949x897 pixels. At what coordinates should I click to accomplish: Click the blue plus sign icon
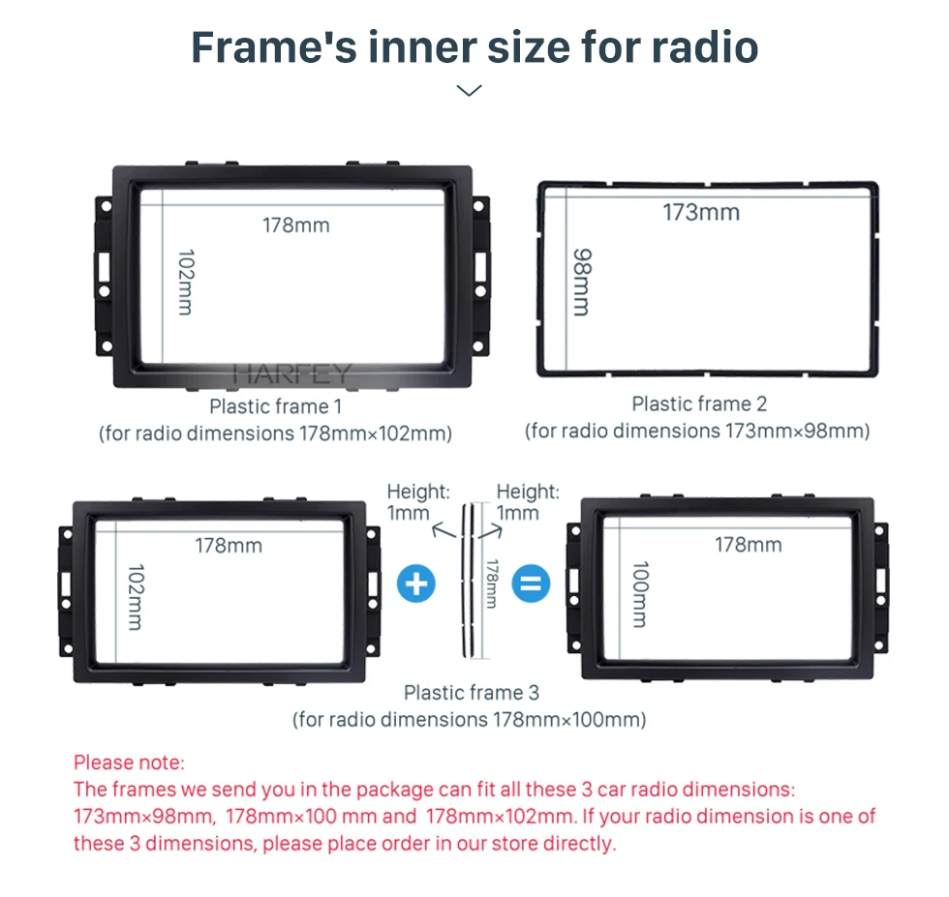pos(415,583)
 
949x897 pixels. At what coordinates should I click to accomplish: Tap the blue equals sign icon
pos(531,583)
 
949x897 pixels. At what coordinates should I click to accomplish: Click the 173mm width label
pos(701,212)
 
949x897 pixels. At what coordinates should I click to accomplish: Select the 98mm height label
pos(582,282)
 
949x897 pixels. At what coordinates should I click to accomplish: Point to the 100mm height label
pos(640,594)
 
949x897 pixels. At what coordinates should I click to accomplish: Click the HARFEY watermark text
pos(291,374)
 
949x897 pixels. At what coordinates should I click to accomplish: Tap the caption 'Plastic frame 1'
pos(275,406)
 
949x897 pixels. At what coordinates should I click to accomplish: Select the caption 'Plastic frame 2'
pos(699,404)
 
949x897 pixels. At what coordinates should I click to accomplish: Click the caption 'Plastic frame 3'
pos(471,693)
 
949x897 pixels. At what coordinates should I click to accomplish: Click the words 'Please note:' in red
pos(129,762)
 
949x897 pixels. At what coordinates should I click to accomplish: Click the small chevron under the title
pos(469,90)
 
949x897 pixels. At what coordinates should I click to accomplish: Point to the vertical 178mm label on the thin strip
pos(492,583)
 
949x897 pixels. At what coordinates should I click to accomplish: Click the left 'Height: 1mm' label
pos(418,502)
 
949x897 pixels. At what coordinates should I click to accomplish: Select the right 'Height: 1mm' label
pos(528,502)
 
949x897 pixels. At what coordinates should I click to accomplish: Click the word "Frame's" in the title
pos(274,47)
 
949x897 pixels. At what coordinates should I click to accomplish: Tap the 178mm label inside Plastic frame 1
pos(296,225)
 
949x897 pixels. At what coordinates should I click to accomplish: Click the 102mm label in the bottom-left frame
pos(137,597)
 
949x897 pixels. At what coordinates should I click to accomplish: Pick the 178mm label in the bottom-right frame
pos(748,545)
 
